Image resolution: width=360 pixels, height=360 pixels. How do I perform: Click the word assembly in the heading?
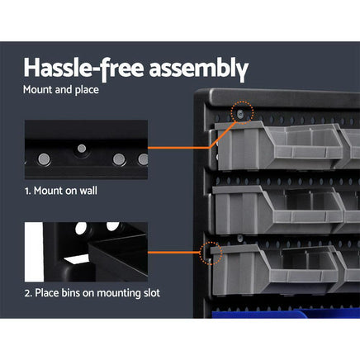(193, 66)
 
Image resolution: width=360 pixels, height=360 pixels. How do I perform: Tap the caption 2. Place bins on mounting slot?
(91, 292)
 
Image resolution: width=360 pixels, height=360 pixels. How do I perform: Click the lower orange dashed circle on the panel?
(212, 253)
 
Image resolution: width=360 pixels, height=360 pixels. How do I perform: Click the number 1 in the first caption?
(27, 191)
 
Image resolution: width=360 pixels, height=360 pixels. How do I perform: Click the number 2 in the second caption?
(27, 292)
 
